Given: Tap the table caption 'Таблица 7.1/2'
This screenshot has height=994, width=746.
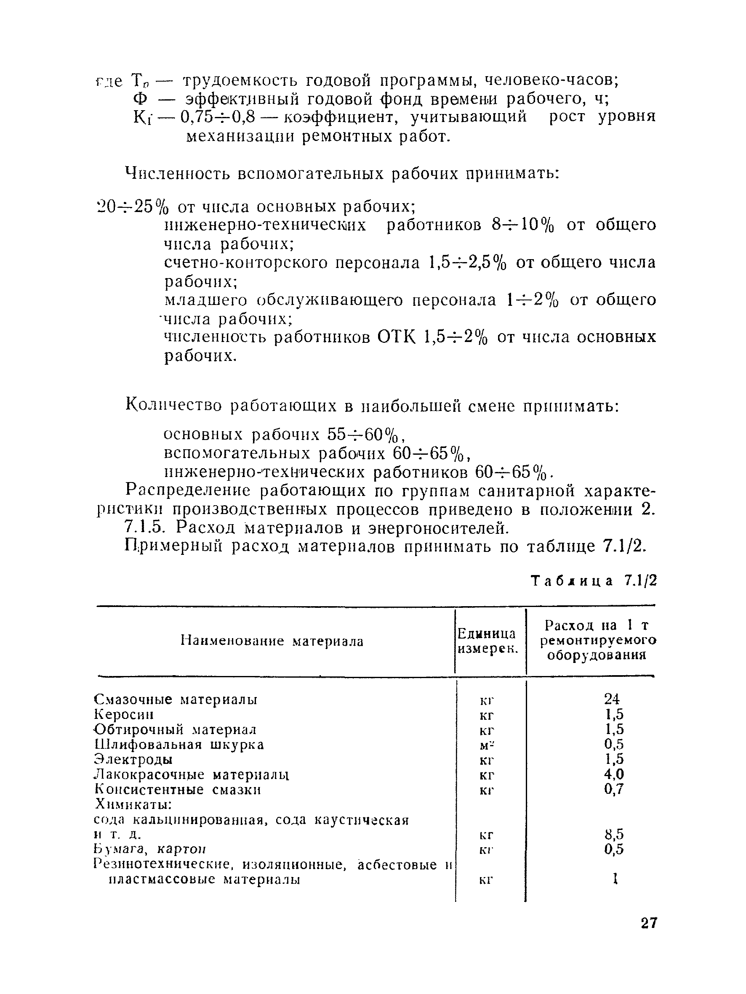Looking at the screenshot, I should pos(594,581).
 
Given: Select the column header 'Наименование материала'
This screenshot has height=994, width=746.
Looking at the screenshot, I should pos(272,641).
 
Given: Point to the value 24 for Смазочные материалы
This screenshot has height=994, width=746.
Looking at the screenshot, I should pos(612,699).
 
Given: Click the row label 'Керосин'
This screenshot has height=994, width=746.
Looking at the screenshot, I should pos(124,715).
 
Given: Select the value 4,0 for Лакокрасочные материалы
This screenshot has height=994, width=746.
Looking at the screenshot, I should pos(614,774).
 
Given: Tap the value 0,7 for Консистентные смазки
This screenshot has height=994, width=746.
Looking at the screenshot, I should pos(614,789).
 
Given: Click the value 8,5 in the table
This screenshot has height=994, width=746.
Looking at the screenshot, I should pos(614,835).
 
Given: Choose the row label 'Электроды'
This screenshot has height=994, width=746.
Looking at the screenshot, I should pos(133,760).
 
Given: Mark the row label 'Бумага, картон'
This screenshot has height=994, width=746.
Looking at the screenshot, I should pos(150,849).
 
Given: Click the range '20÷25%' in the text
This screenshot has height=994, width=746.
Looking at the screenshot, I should pos(133,207).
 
